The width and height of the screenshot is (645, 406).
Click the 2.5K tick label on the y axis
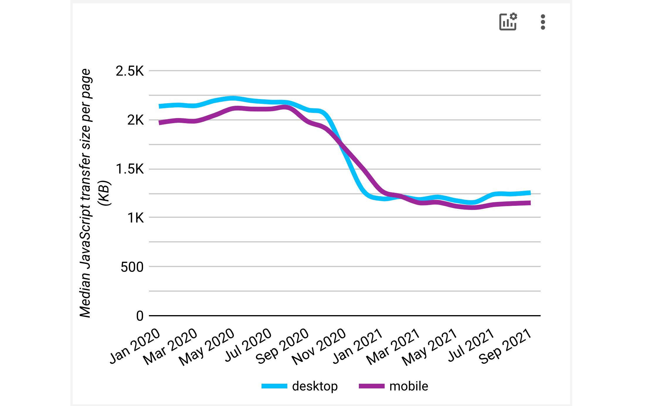pyautogui.click(x=130, y=71)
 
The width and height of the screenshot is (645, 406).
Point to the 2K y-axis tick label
pyautogui.click(x=135, y=120)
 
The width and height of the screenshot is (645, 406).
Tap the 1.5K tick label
pyautogui.click(x=130, y=169)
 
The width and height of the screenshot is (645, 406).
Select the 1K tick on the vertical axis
pyautogui.click(x=135, y=218)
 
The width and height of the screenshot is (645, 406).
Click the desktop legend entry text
pyautogui.click(x=315, y=386)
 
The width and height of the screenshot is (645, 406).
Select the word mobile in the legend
pyautogui.click(x=409, y=386)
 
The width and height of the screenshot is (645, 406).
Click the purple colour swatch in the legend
pyautogui.click(x=371, y=386)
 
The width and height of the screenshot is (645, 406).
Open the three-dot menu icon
pyautogui.click(x=543, y=22)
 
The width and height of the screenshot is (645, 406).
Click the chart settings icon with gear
pyautogui.click(x=508, y=22)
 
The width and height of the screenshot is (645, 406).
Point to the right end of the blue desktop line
pyautogui.click(x=529, y=193)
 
